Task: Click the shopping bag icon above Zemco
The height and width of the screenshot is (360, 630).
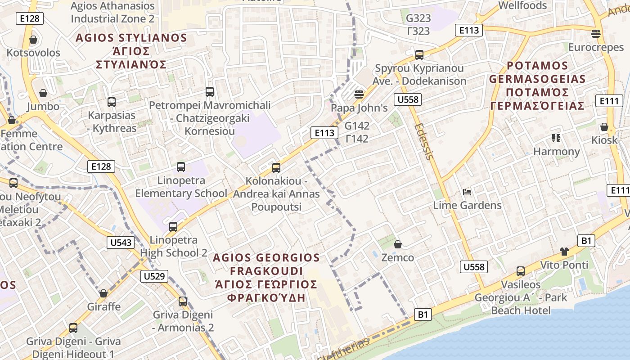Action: point(397,244)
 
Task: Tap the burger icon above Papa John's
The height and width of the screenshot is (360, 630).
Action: point(359,94)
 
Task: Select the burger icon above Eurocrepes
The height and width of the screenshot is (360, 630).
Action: point(596,34)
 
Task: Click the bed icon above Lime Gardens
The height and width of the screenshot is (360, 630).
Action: point(467,192)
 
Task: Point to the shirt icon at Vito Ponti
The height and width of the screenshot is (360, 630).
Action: point(564,251)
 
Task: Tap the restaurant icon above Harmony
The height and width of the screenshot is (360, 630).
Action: point(556,138)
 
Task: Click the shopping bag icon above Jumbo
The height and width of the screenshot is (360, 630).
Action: point(43,93)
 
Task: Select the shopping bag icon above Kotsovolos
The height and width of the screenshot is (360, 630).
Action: point(33,40)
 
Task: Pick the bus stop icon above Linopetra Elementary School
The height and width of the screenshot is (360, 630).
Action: point(181,167)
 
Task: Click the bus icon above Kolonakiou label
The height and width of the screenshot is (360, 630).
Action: point(276,168)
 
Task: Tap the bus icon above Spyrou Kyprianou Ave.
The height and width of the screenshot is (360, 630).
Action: point(419,55)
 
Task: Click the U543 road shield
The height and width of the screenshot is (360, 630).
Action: point(121,243)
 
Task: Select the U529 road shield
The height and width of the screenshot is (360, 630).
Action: point(154,276)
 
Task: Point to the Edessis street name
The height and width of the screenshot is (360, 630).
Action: point(424,141)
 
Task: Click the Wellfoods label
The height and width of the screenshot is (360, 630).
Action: point(522,6)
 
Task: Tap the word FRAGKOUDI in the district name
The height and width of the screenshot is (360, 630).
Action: point(266,271)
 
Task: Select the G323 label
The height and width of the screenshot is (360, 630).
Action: point(418,18)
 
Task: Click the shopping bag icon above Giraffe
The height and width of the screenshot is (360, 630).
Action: point(103,293)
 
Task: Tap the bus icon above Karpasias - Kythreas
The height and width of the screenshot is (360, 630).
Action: point(112,102)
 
